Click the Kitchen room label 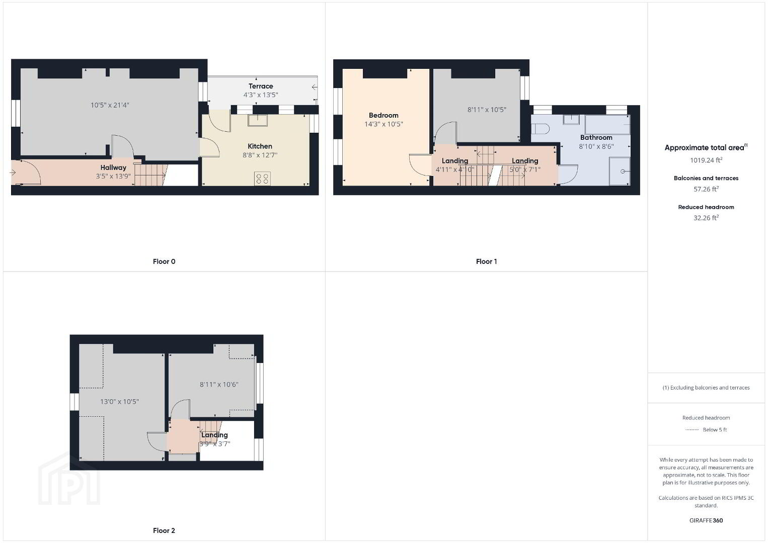(260, 146)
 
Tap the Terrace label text (261, 86)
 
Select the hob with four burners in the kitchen (262, 178)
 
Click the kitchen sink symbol (258, 120)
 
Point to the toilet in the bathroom (541, 129)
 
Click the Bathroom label (596, 137)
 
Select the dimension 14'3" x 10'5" (383, 124)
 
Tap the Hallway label (113, 167)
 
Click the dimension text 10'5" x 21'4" (110, 105)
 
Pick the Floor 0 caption (164, 261)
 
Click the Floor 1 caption (486, 261)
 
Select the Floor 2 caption (164, 530)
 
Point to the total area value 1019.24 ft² (706, 160)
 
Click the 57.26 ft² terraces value (706, 189)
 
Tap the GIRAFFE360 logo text (706, 520)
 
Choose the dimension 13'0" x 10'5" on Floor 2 (119, 402)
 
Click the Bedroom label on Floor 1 (383, 115)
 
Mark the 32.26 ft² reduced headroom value (706, 218)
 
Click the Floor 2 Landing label (214, 435)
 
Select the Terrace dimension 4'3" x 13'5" (261, 95)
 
